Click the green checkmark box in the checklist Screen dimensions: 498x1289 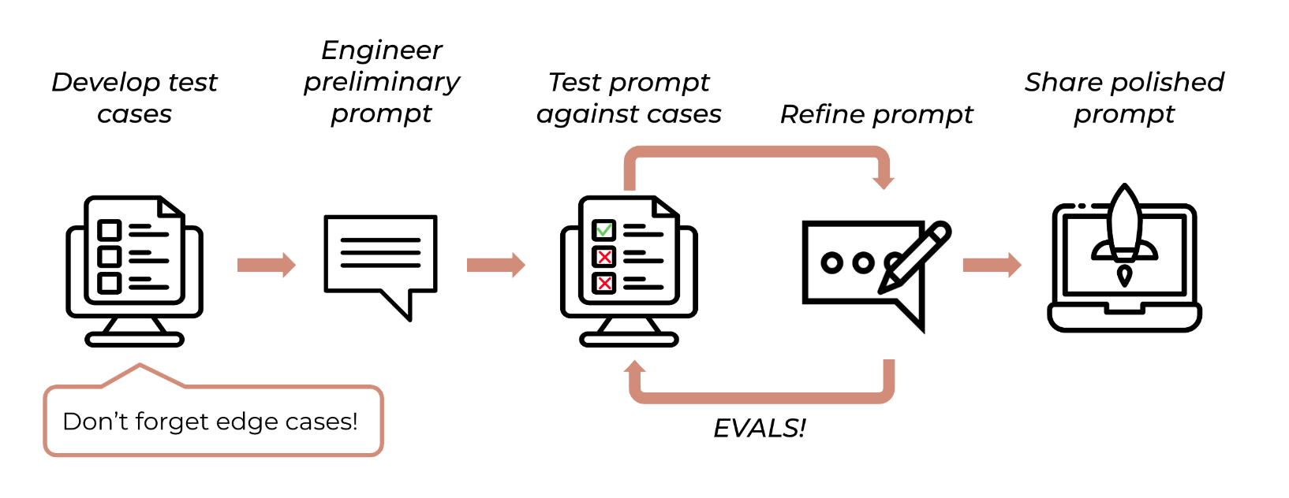(604, 230)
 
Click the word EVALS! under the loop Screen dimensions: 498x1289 (760, 428)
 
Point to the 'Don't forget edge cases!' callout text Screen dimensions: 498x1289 (210, 422)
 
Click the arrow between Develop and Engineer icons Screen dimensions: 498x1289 (267, 265)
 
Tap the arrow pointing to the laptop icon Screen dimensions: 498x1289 (992, 265)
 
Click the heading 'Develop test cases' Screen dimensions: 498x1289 (134, 98)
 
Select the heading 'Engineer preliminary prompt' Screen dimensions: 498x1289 (382, 82)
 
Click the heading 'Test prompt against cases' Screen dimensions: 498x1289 (629, 98)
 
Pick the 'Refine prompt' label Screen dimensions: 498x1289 (876, 114)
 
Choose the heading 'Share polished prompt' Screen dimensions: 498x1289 (1124, 98)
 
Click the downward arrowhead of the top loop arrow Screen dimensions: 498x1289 (884, 181)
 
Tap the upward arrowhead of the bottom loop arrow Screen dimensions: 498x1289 (634, 366)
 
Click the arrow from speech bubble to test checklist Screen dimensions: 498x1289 (495, 265)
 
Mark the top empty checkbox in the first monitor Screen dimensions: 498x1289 (109, 230)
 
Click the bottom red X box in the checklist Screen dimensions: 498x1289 (604, 283)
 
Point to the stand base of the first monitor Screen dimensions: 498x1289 (134, 340)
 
